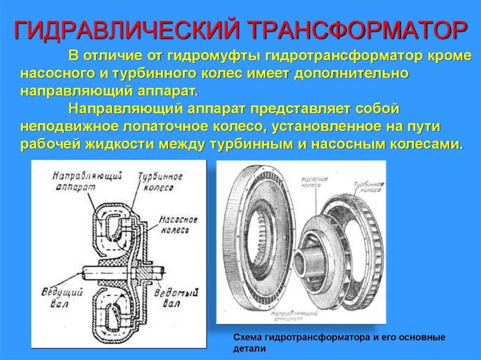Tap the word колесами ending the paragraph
425,143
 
